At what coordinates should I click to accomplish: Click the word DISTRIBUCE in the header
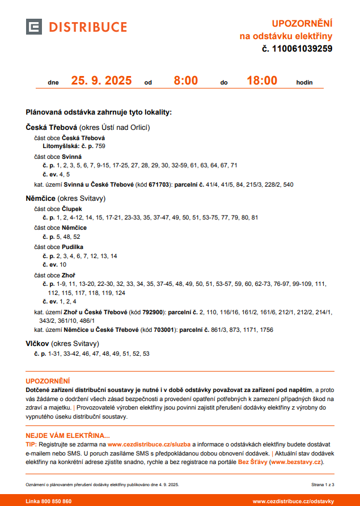(x=87, y=27)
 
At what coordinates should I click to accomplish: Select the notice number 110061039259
(x=301, y=49)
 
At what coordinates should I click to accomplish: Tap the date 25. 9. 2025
(x=101, y=81)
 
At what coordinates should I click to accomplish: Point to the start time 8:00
(x=185, y=81)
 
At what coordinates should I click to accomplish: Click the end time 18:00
(x=261, y=81)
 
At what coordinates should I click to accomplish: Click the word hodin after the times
(x=304, y=82)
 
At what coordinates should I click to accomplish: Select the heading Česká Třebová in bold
(x=51, y=128)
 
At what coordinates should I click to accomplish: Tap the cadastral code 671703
(x=159, y=185)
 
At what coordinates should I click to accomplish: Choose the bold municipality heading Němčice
(x=41, y=199)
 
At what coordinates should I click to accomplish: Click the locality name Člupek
(x=72, y=209)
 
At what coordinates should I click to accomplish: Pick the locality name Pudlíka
(x=73, y=247)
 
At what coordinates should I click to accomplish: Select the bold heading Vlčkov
(x=37, y=344)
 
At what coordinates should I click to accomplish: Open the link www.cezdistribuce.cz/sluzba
(x=149, y=445)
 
